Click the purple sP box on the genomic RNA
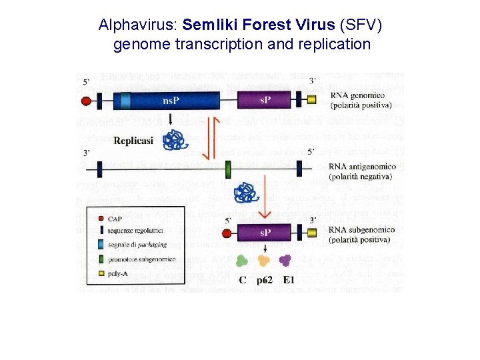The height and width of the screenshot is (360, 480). (265, 101)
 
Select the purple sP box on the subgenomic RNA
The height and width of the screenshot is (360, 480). (265, 234)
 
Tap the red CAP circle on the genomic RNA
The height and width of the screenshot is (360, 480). (86, 101)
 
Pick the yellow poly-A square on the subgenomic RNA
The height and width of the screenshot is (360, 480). (312, 234)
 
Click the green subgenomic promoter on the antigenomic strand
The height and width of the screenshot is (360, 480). (228, 168)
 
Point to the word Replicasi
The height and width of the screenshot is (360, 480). (133, 141)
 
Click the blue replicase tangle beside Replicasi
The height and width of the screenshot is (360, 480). (175, 140)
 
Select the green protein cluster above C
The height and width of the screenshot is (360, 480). (241, 261)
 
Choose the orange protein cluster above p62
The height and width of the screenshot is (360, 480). (264, 261)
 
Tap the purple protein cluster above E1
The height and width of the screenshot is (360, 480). (287, 261)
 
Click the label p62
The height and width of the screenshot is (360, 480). (265, 281)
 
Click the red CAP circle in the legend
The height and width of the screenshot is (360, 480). (100, 218)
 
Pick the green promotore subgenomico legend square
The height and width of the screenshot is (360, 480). (100, 259)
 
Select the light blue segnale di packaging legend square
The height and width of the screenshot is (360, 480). (100, 245)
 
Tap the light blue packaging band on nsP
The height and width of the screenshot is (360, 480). (126, 101)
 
